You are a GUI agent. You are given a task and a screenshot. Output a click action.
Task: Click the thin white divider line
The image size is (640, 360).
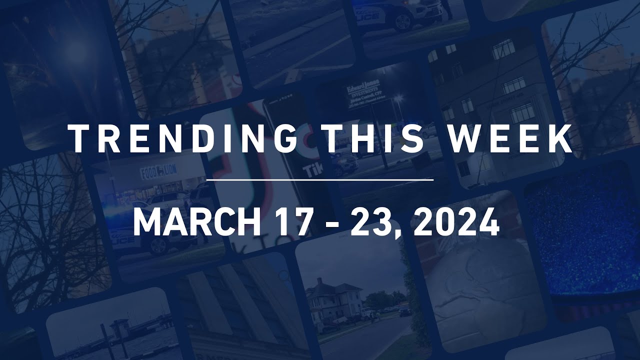[x=320, y=179]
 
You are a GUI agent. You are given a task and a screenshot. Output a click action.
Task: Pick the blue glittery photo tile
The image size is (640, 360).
[x=582, y=235]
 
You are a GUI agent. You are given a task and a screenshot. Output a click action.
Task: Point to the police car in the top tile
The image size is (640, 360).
[x=400, y=15]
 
